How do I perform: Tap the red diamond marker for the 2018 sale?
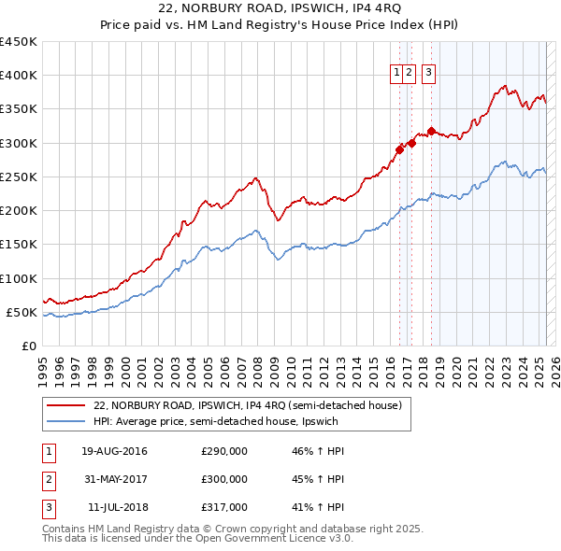(x=431, y=131)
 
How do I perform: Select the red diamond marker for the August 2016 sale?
(x=399, y=148)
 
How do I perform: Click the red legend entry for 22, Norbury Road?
(x=248, y=405)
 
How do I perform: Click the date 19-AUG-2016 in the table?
(x=114, y=451)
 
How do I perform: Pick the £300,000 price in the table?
(x=224, y=479)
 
